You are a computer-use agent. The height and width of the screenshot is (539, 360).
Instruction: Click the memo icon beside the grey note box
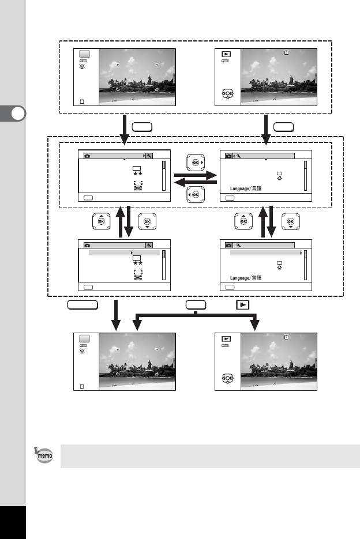[42, 455]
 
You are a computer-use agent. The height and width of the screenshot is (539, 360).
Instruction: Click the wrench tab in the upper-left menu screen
[149, 156]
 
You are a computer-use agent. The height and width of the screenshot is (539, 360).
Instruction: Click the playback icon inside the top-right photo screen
[226, 55]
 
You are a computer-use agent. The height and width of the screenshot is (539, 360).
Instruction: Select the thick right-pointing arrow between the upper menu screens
[196, 173]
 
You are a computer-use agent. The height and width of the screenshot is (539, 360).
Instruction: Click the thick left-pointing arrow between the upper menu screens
[196, 182]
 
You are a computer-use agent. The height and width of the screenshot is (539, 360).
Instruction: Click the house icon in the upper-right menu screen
[279, 179]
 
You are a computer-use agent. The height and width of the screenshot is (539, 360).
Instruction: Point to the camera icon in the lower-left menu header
[87, 245]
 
